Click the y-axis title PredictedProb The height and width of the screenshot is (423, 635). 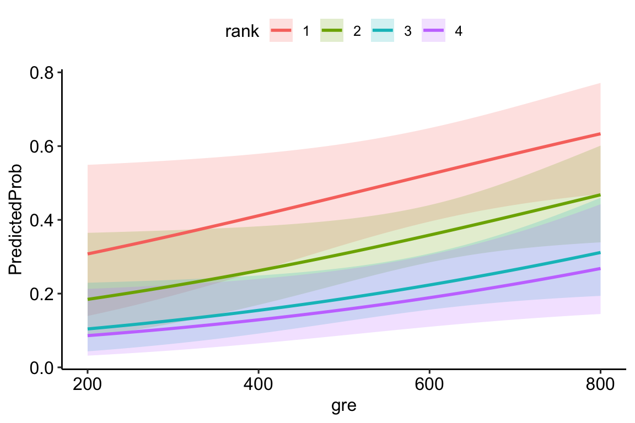click(x=15, y=220)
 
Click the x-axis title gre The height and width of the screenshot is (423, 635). click(x=343, y=406)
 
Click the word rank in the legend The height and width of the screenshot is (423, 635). click(x=242, y=31)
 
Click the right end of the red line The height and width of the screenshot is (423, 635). click(x=600, y=134)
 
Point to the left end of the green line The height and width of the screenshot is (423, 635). click(x=88, y=299)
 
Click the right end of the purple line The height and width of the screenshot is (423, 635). click(x=600, y=269)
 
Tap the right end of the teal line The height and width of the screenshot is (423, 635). click(x=600, y=253)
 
